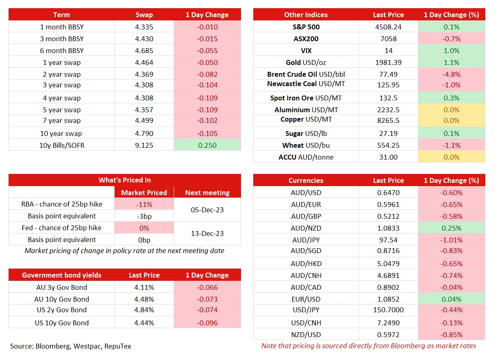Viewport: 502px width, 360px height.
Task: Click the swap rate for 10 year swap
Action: tap(144, 133)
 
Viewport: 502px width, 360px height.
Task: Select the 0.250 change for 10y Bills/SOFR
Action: tap(207, 145)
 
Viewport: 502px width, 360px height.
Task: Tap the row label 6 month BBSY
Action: tap(62, 51)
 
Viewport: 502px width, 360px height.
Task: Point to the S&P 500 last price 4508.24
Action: tap(388, 27)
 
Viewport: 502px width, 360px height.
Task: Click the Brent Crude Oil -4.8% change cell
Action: tap(451, 74)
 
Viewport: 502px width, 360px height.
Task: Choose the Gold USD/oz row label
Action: tap(306, 62)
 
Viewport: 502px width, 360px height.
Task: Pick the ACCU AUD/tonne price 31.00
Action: tap(388, 157)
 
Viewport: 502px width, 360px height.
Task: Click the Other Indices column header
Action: tap(306, 15)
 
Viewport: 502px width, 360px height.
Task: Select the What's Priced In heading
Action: tap(125, 180)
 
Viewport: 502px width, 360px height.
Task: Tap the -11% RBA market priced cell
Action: tap(144, 204)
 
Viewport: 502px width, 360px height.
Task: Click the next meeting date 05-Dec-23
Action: tap(207, 210)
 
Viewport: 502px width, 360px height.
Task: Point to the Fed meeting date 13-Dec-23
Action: tap(207, 233)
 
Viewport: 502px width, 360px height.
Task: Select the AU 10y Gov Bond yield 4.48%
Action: tap(144, 299)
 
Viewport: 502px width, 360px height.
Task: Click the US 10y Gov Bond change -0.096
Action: tap(207, 323)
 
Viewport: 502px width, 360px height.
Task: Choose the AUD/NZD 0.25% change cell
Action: tap(451, 228)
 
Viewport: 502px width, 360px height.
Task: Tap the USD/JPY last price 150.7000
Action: tap(388, 310)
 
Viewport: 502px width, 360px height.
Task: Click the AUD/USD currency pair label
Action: tap(306, 193)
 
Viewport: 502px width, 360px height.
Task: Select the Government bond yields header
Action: tap(62, 275)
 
